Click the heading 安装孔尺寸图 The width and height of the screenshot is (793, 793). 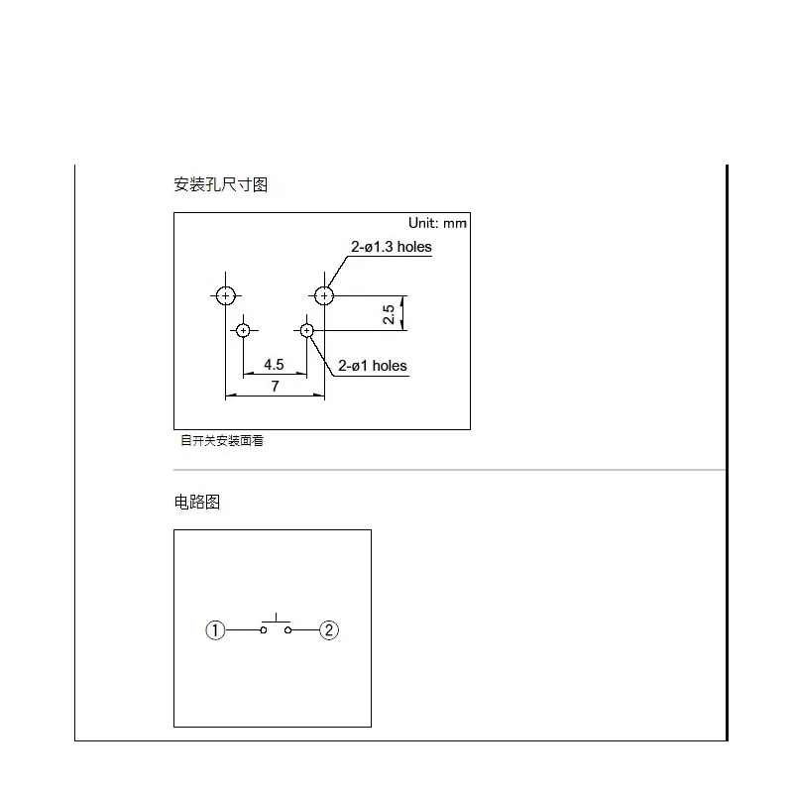point(220,184)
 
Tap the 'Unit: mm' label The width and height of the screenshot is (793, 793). point(437,223)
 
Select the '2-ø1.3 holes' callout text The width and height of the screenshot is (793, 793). point(392,247)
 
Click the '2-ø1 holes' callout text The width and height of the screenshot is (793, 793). point(373,366)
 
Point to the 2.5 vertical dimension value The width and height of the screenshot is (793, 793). point(390,313)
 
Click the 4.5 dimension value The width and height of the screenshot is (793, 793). point(275,364)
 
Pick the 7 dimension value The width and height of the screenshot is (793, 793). point(275,386)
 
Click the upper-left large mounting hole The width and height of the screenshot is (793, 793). point(226,295)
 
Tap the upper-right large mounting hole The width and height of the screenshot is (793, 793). point(324,295)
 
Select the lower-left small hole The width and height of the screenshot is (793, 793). point(243,330)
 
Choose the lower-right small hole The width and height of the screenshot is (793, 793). point(307,330)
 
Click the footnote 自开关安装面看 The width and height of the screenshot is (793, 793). point(221,441)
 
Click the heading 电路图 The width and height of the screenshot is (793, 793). point(196,502)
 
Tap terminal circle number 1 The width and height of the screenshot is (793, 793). point(215,629)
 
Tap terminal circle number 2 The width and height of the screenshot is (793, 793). point(329,629)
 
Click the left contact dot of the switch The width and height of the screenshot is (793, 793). point(264,629)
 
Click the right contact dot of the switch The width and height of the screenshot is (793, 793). point(286,629)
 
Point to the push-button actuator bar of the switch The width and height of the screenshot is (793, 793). point(275,622)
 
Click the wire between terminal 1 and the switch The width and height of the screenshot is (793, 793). point(243,629)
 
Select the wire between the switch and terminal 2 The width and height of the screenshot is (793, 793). point(304,629)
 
